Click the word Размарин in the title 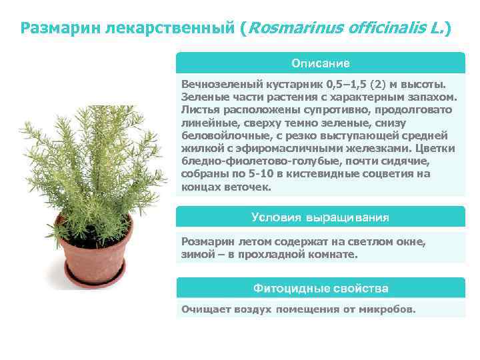pos(58,28)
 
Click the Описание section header pos(320,63)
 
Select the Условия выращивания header pos(320,217)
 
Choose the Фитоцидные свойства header pos(320,288)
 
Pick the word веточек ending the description pos(249,187)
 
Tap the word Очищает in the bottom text pos(203,309)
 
